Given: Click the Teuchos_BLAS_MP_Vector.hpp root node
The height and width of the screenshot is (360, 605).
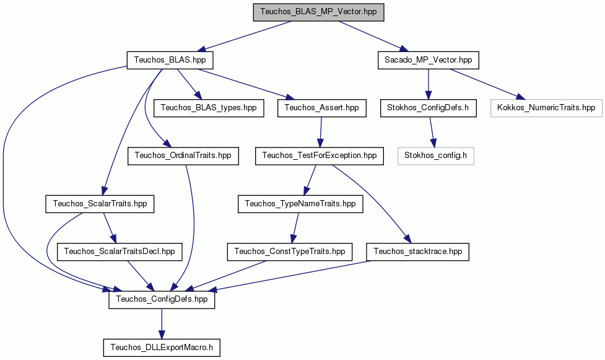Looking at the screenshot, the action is pos(318,12).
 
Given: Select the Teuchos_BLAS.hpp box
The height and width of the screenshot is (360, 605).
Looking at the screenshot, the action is pos(170,60).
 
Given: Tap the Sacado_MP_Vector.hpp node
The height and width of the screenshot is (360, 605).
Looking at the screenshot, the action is pos(429,60).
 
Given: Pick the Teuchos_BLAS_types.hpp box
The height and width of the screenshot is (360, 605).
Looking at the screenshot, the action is pos(209,107).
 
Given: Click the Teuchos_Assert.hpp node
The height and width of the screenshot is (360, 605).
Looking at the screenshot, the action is pos(322,107).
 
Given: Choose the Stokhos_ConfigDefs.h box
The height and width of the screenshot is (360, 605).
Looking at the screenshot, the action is pos(428,107).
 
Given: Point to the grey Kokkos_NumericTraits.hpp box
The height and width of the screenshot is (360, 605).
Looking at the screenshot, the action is pos(546,107).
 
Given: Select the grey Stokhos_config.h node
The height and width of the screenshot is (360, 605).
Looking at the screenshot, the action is pos(435,156).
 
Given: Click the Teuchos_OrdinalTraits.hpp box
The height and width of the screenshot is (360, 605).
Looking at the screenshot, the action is pos(183,156).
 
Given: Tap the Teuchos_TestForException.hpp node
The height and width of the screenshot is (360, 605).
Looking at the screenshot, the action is pos(320,156).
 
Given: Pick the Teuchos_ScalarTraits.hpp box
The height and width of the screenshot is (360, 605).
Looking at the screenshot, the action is pos(100,204).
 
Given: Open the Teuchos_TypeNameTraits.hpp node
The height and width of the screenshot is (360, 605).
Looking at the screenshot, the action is pos(300,204).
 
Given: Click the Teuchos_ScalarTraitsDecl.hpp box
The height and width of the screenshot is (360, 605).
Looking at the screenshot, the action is pos(120,252).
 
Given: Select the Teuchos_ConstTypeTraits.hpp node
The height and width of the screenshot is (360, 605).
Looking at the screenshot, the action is pos(290,252).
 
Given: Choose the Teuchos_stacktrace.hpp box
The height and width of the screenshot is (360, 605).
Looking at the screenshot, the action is pos(418,252).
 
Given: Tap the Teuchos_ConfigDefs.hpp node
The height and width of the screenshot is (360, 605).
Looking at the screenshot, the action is pos(162,299).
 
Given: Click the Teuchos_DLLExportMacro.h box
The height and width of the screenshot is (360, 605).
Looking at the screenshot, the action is pos(162,347).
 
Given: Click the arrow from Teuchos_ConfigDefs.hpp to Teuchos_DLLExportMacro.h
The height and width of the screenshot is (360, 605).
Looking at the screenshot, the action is pos(162,323).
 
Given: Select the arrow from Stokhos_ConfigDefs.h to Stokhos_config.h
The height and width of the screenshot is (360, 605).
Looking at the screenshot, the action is pos(432,132).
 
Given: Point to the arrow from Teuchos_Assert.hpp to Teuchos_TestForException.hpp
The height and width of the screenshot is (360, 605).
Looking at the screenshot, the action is pos(321,132).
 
